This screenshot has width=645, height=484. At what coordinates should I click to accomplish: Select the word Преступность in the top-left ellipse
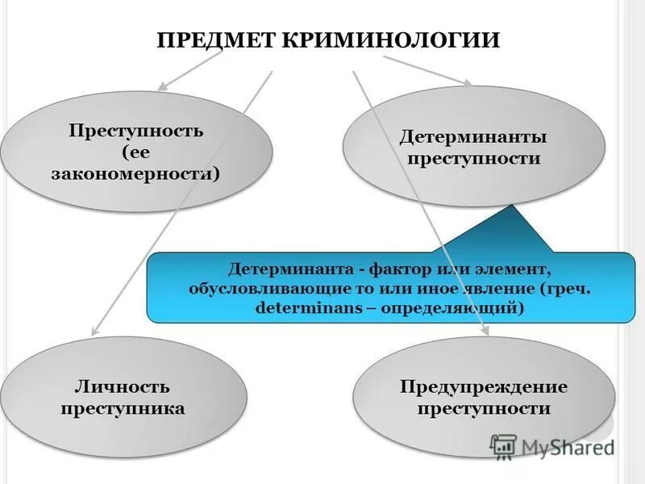pyautogui.click(x=135, y=131)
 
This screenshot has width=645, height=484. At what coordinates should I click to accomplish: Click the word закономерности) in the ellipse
pyautogui.click(x=135, y=173)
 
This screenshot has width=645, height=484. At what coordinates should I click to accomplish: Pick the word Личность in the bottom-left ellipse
pyautogui.click(x=123, y=386)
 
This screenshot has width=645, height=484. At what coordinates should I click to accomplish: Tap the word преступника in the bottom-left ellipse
pyautogui.click(x=123, y=408)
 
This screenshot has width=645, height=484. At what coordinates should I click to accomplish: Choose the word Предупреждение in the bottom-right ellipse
pyautogui.click(x=484, y=386)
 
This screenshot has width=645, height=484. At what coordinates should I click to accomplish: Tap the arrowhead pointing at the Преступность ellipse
pyautogui.click(x=161, y=86)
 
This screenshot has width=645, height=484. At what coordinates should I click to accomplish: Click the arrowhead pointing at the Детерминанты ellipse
pyautogui.click(x=468, y=82)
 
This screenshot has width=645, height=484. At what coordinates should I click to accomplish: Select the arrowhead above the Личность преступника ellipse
pyautogui.click(x=94, y=330)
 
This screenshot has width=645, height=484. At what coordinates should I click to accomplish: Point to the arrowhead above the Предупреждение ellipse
pyautogui.click(x=485, y=332)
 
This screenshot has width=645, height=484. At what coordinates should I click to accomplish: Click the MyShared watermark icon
pyautogui.click(x=503, y=445)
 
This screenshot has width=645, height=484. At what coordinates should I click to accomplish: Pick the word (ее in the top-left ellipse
pyautogui.click(x=135, y=152)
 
